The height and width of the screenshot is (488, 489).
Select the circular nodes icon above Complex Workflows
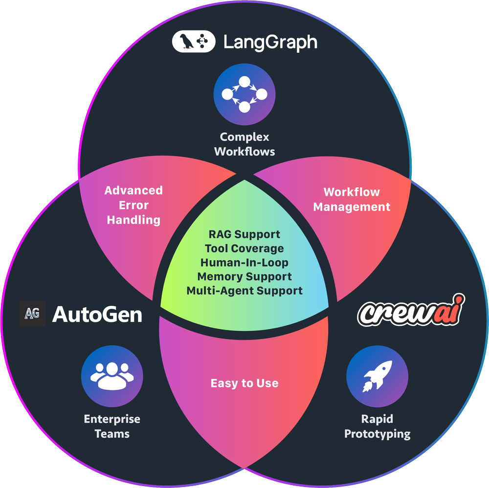(x=244, y=95)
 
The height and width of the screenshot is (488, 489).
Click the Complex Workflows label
(x=244, y=144)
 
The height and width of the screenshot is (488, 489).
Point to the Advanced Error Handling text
(x=133, y=205)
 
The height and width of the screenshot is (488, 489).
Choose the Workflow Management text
(x=352, y=199)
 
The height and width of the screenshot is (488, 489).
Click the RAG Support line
(x=244, y=234)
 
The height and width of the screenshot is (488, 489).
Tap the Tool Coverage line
(x=244, y=249)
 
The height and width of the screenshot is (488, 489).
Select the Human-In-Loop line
(x=244, y=262)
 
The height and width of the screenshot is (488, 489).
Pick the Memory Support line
(x=244, y=276)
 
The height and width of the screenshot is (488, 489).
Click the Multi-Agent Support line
(x=244, y=291)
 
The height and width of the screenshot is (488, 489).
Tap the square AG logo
(x=32, y=314)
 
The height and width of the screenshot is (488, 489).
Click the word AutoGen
(x=97, y=314)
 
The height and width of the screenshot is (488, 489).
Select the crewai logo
(x=410, y=311)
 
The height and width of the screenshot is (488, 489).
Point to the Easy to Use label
(x=244, y=383)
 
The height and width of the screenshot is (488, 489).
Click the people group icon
(x=112, y=376)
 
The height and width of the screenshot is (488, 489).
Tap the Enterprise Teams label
(x=112, y=426)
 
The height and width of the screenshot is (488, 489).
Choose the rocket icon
(x=377, y=376)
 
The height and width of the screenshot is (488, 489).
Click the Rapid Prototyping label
(x=377, y=426)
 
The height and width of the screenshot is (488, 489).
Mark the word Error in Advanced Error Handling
(x=133, y=205)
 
